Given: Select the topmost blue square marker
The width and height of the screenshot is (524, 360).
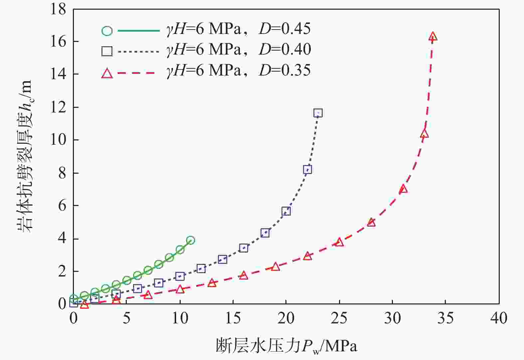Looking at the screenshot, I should pyautogui.click(x=318, y=113).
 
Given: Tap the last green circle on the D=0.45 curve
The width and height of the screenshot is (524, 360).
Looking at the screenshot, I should pyautogui.click(x=190, y=240).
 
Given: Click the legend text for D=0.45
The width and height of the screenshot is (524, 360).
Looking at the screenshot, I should pyautogui.click(x=238, y=29).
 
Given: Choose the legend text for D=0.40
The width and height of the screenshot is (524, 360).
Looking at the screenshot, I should pyautogui.click(x=238, y=50).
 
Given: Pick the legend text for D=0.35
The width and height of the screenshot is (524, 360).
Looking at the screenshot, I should pyautogui.click(x=238, y=71).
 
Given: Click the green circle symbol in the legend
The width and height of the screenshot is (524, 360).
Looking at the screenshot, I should pyautogui.click(x=107, y=31).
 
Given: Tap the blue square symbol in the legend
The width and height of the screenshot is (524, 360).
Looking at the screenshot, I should pyautogui.click(x=107, y=51).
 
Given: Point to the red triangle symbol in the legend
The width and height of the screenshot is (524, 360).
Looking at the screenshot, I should pyautogui.click(x=107, y=73).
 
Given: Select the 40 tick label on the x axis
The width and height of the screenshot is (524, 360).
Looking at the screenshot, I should pyautogui.click(x=499, y=318).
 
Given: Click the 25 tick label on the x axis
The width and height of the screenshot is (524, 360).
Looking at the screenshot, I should pyautogui.click(x=339, y=318).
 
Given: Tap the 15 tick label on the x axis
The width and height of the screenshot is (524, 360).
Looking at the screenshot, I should pyautogui.click(x=233, y=318).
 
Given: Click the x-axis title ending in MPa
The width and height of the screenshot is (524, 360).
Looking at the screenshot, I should pyautogui.click(x=286, y=346).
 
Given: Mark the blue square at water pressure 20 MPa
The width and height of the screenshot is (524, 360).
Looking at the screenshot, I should pyautogui.click(x=286, y=211).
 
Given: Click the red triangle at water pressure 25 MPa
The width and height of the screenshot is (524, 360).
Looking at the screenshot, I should pyautogui.click(x=339, y=242).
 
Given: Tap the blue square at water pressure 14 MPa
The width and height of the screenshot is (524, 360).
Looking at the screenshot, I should pyautogui.click(x=222, y=260).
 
